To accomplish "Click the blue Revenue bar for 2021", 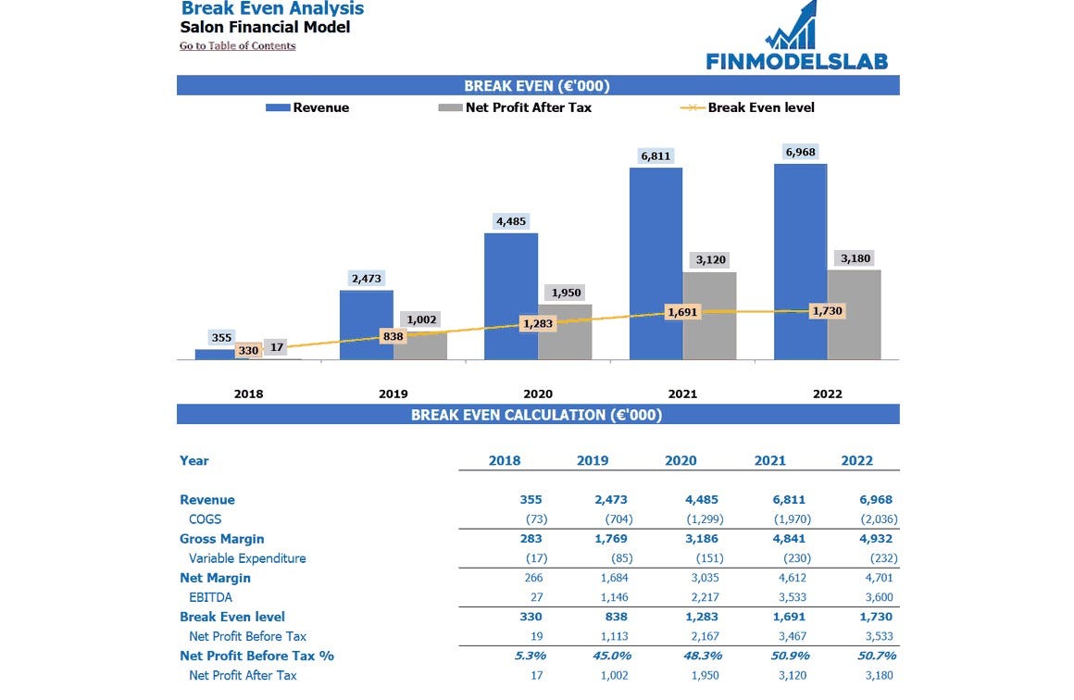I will (x=656, y=263).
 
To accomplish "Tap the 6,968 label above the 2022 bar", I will (x=800, y=152).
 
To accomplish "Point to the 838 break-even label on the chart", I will (x=393, y=336).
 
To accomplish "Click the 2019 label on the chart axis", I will (x=393, y=394).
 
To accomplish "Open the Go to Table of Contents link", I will (x=238, y=45).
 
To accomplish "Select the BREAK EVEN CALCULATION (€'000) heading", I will (x=537, y=415).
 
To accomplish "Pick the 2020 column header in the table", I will (x=681, y=460).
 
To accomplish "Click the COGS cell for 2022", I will (x=879, y=519).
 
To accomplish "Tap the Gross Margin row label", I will (x=222, y=539).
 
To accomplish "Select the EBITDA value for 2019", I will (x=614, y=597).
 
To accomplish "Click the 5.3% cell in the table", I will (x=530, y=656).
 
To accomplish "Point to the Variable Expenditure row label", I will (x=247, y=558).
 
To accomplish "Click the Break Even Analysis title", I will (x=272, y=9).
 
